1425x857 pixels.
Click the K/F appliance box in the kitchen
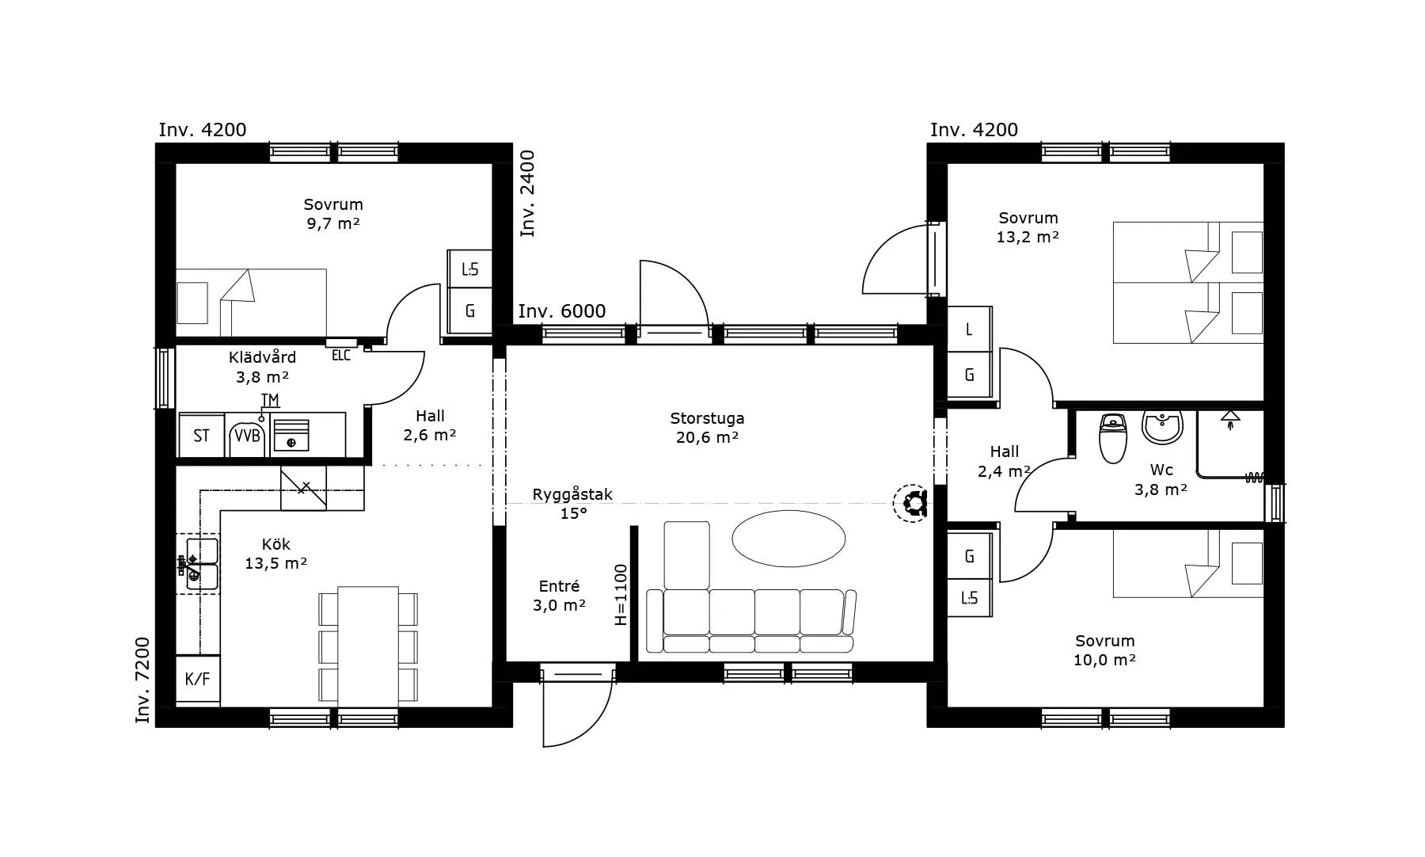click(x=197, y=679)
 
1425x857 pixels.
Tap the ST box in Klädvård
click(x=201, y=435)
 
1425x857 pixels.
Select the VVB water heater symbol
click(x=247, y=435)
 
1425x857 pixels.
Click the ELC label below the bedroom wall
click(x=341, y=356)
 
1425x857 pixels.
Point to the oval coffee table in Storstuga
click(x=788, y=539)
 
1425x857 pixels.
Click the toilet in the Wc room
click(x=1113, y=438)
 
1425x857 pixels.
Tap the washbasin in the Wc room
click(x=1162, y=427)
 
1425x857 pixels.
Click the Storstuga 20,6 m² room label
click(x=707, y=428)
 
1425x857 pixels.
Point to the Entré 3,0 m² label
click(x=560, y=596)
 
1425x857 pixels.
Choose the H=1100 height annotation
click(x=621, y=594)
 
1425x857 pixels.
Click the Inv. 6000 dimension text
click(x=562, y=311)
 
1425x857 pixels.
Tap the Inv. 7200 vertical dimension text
click(x=142, y=680)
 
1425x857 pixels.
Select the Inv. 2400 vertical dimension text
click(x=527, y=193)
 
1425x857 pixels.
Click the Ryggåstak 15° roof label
click(x=572, y=504)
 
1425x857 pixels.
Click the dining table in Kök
click(x=368, y=646)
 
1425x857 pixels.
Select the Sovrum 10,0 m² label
click(x=1104, y=650)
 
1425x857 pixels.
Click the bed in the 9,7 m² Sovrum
click(x=251, y=303)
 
